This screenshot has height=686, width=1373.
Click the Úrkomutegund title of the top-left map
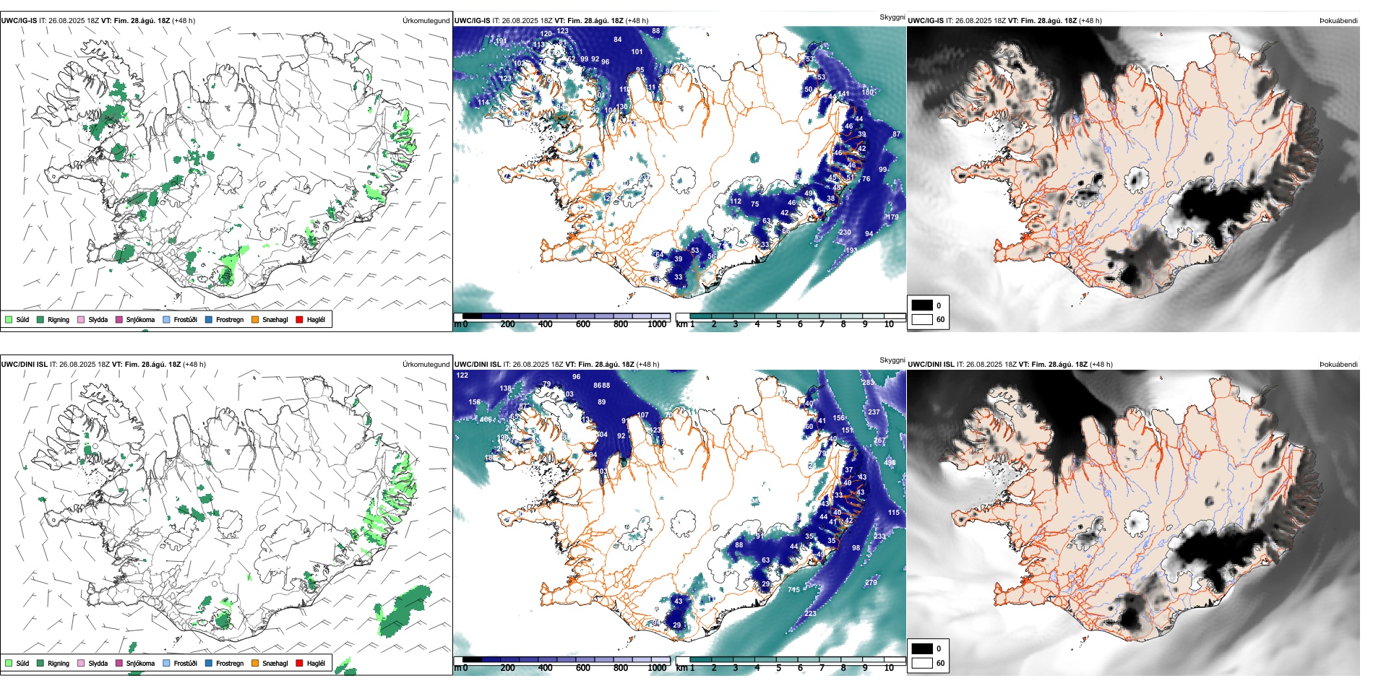[426, 21]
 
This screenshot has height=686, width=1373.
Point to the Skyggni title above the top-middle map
[892, 17]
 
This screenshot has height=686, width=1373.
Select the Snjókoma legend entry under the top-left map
[140, 320]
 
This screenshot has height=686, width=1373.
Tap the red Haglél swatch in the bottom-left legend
[299, 663]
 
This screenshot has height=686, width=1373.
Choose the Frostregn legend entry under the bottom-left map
[229, 663]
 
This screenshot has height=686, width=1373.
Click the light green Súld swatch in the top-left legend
[9, 319]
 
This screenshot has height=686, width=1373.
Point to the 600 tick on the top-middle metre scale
[582, 324]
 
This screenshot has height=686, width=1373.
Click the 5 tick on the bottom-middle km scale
[778, 668]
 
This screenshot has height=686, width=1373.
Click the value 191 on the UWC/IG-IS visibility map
[501, 41]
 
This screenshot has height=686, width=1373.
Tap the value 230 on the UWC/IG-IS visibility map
[845, 233]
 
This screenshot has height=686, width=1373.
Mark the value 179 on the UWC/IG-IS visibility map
[893, 217]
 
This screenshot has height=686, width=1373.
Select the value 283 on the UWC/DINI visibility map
[868, 382]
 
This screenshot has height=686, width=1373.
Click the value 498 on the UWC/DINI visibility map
[890, 463]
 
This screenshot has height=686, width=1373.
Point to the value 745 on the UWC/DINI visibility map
[793, 590]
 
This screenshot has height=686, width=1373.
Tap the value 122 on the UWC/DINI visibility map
[462, 375]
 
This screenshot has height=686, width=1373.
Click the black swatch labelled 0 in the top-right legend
[922, 305]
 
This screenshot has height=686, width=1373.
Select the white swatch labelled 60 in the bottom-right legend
[922, 663]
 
